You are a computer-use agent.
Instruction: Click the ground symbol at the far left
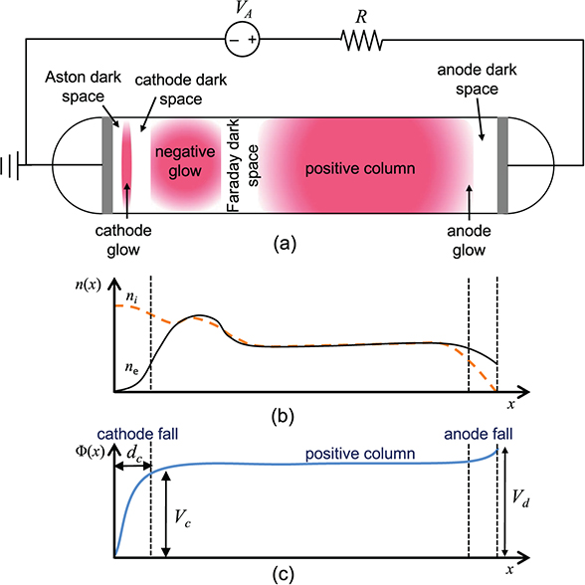[x=11, y=164]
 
